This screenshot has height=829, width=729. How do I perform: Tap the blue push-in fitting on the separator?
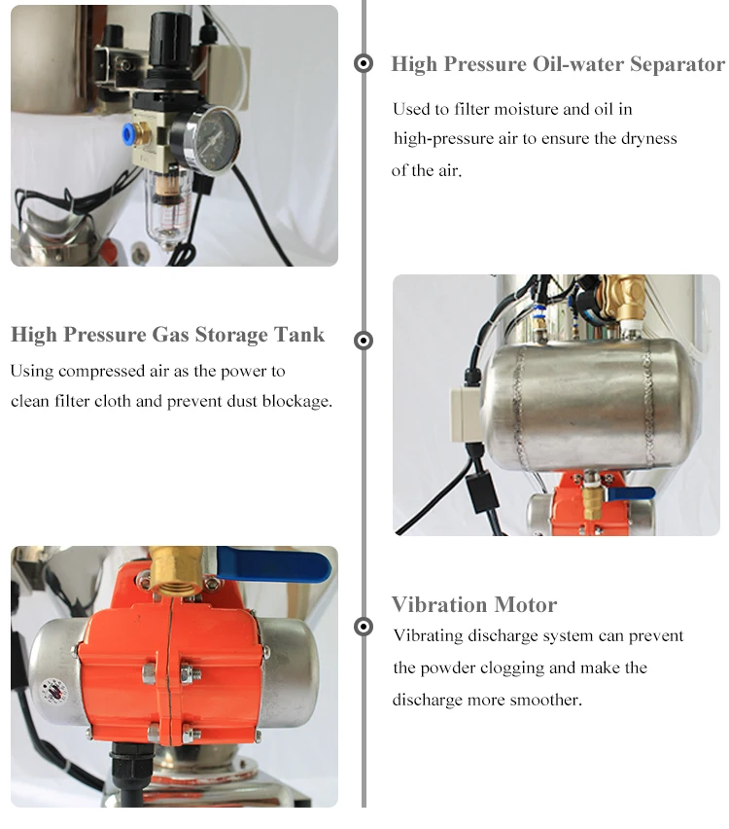(x=127, y=133)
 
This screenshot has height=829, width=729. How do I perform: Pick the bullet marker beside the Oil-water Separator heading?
(x=363, y=63)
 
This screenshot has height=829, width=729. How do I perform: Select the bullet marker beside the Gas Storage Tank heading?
(x=363, y=341)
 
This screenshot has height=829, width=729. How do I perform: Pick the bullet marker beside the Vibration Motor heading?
(x=363, y=627)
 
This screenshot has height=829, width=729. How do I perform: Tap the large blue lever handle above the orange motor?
(x=274, y=562)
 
